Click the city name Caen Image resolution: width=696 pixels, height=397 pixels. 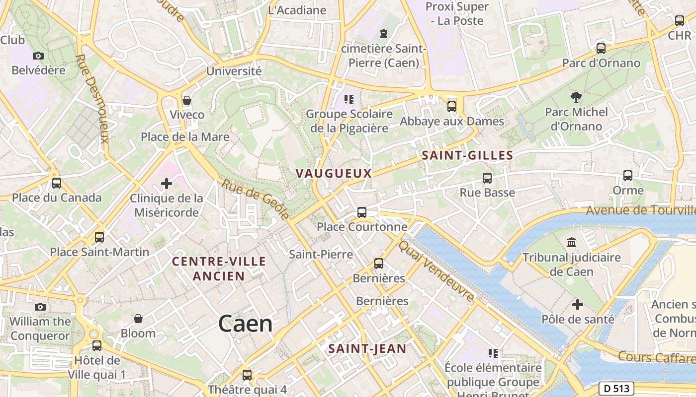246,324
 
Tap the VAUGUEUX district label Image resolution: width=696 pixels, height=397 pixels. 334,173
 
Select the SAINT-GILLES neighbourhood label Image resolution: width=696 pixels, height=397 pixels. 467,155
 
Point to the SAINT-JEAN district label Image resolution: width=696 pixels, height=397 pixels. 367,349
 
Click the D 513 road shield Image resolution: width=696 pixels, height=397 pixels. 616,388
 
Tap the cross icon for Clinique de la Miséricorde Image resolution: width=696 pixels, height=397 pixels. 167,184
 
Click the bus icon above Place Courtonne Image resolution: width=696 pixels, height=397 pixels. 362,212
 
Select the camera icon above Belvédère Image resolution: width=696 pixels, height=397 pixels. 38,56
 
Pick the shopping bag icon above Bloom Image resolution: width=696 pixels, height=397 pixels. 138,318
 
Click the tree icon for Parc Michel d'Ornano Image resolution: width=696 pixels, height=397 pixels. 576,97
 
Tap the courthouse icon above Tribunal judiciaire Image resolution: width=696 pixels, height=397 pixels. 572,243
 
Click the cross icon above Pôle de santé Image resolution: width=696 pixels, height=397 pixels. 578,304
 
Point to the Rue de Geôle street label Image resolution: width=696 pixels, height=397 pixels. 256,199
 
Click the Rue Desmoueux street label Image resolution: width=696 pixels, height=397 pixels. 91,98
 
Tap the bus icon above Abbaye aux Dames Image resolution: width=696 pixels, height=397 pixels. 452,106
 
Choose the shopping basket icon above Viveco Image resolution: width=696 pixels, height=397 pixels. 187,100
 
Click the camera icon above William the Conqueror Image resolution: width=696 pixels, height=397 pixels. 40,307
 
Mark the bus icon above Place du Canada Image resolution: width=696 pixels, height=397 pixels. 57,183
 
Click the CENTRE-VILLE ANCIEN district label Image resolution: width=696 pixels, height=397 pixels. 219,269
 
